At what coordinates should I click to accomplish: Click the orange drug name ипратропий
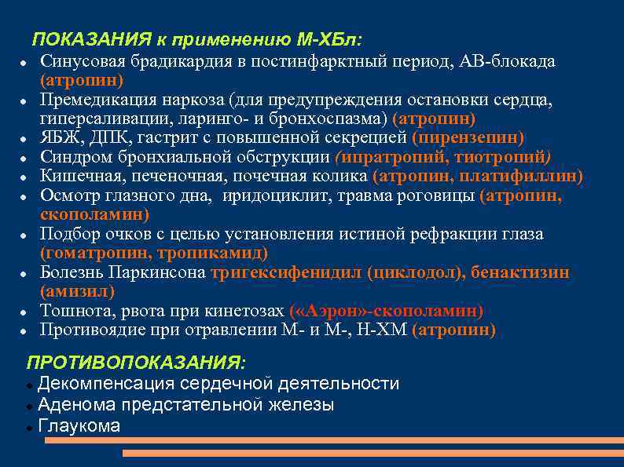point(381,157)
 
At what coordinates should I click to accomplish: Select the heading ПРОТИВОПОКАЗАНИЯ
point(135,363)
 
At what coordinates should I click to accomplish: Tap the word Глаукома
point(79,426)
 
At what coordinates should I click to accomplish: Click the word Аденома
point(75,405)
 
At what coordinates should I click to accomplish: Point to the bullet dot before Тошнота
point(25,312)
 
